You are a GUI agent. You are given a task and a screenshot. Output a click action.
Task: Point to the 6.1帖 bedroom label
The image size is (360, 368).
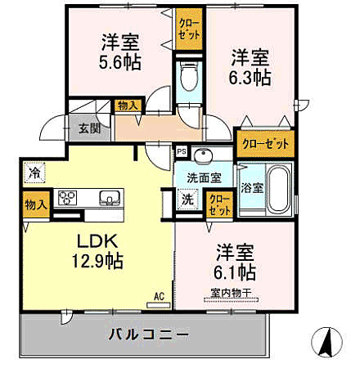pyautogui.click(x=236, y=272)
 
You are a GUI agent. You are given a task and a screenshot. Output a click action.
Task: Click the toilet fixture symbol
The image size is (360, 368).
pyautogui.click(x=188, y=79)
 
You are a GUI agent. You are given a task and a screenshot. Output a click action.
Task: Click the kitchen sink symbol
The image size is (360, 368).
pyautogui.click(x=108, y=198)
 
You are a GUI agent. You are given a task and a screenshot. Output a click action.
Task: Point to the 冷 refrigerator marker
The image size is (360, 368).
pyautogui.click(x=34, y=173)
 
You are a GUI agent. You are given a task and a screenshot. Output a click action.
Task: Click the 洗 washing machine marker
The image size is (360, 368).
pyautogui.click(x=187, y=199)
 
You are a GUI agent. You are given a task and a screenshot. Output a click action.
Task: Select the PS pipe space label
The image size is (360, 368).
pyautogui.click(x=180, y=150)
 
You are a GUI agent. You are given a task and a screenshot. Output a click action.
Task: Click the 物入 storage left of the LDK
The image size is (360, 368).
pyautogui.click(x=34, y=204)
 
